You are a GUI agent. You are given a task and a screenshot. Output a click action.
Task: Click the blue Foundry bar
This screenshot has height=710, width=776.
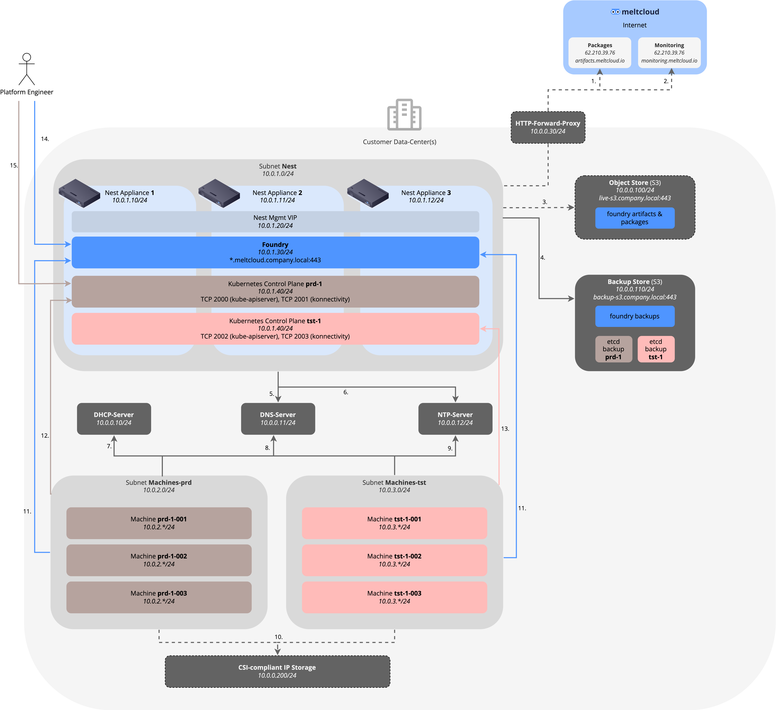[275, 252]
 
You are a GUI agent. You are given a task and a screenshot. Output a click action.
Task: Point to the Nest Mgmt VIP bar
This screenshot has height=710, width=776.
[275, 221]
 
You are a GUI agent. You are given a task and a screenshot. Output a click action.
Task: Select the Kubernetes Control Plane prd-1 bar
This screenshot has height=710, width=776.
[275, 292]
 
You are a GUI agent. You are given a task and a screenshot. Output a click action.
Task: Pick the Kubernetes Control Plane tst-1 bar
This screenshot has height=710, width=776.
[275, 329]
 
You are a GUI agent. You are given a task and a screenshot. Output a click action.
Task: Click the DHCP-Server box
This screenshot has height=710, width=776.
[114, 419]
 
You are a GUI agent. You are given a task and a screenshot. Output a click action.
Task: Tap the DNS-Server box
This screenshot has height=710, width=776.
[278, 419]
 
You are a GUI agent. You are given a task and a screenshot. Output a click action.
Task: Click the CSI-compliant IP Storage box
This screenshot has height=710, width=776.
[277, 671]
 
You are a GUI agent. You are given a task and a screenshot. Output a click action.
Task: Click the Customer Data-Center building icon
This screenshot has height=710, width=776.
[404, 115]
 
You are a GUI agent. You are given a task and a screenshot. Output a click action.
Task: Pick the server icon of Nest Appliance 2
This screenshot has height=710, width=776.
[219, 193]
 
